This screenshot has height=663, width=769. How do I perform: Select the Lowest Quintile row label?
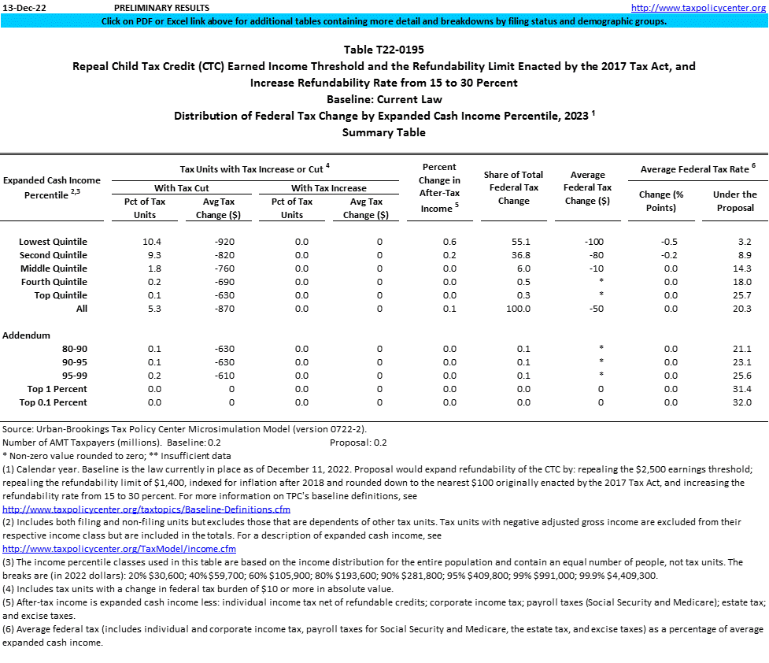point(53,242)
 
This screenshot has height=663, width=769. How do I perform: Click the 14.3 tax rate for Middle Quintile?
point(741,269)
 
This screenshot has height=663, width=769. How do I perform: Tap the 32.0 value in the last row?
point(741,402)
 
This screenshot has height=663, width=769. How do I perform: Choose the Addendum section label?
point(27,335)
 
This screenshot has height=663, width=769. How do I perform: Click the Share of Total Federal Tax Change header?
point(514,187)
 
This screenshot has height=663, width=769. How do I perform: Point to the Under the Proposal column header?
point(734,201)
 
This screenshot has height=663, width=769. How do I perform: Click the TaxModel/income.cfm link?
point(119,548)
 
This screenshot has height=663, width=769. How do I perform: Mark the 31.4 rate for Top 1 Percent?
point(741,389)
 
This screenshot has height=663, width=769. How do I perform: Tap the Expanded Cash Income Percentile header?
point(52,187)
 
